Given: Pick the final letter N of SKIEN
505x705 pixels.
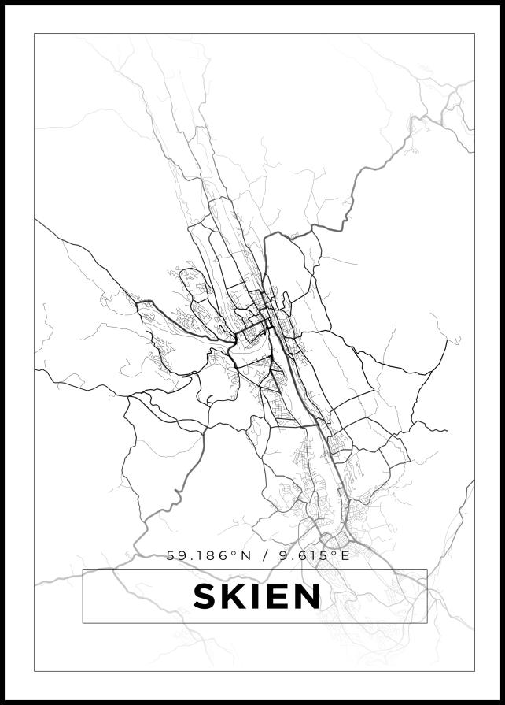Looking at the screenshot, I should (307, 596).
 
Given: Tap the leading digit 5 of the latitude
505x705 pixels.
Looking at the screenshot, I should (171, 555).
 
